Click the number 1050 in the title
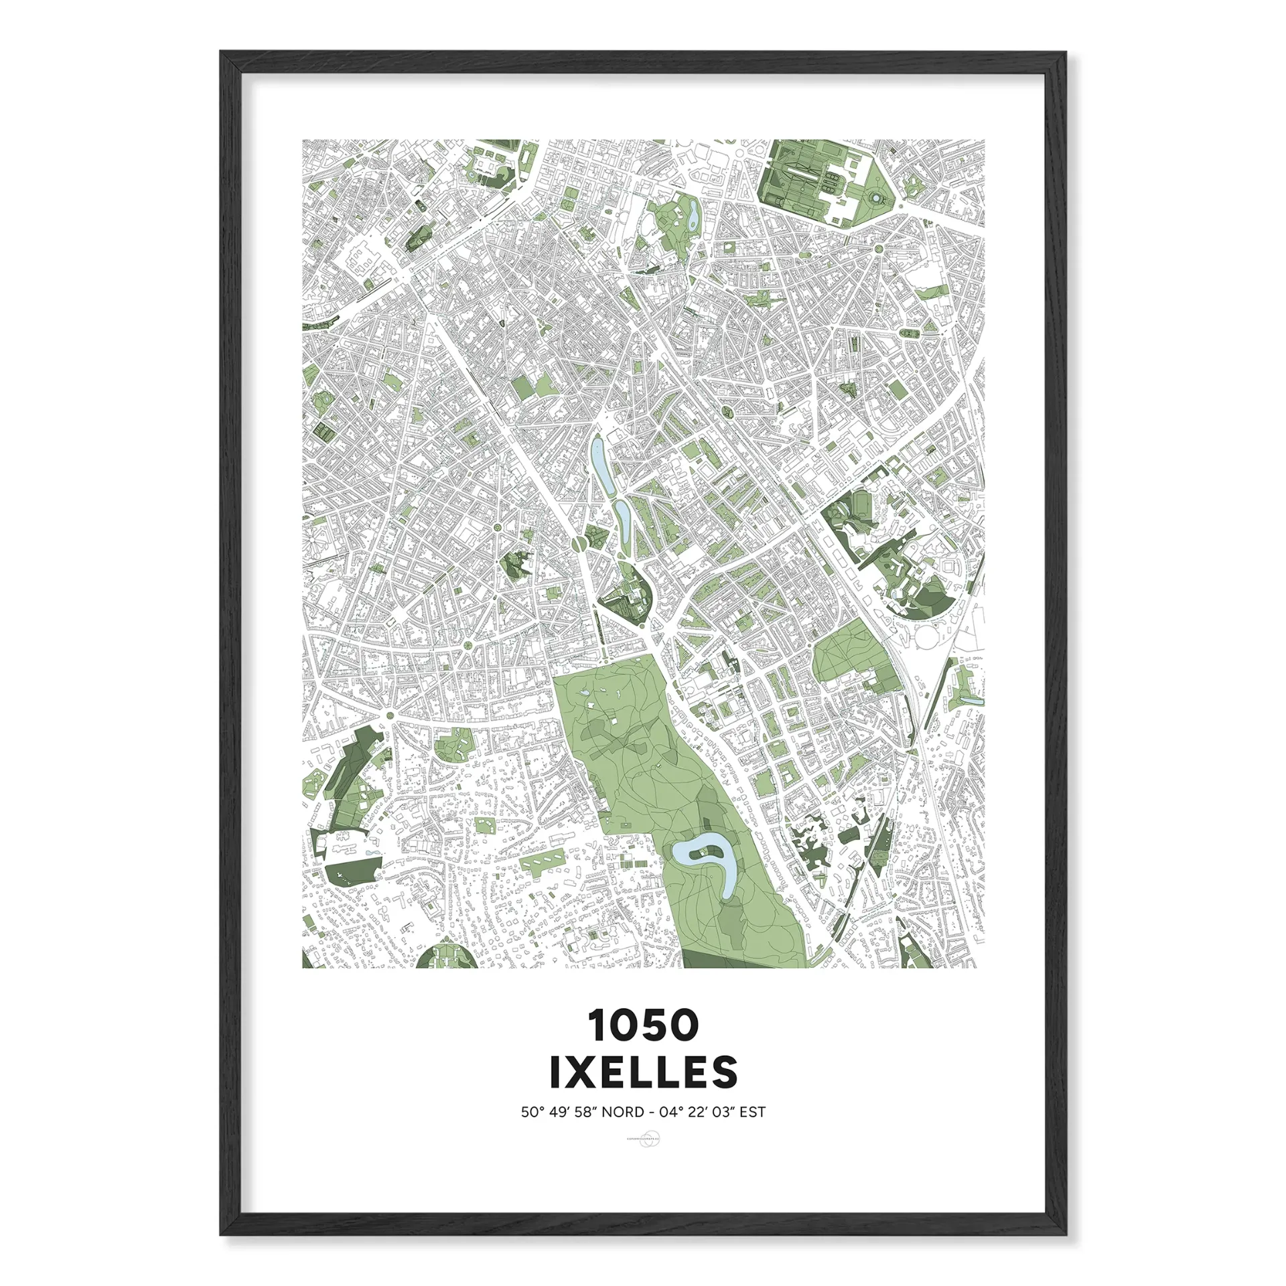tap(643, 1025)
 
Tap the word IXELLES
tap(643, 1072)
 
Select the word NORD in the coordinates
tap(623, 1113)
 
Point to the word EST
tap(753, 1113)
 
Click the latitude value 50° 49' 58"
tap(559, 1113)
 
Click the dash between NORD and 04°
tap(652, 1113)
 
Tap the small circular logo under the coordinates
tap(643, 1139)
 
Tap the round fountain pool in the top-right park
tap(875, 198)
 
